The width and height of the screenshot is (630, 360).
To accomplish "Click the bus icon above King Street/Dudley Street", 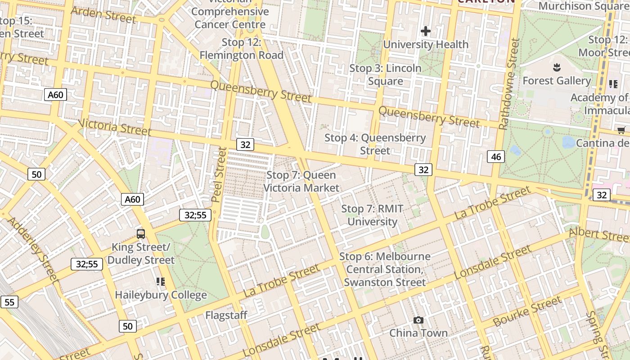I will pos(141,234).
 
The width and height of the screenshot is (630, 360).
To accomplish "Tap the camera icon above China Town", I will pos(418,320).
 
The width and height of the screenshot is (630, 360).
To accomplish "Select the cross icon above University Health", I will pos(426,31).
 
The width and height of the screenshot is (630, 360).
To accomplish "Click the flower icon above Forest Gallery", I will pos(557,67).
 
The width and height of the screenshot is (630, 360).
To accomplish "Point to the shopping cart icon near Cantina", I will pos(621,130).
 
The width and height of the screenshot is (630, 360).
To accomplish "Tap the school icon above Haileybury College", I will pos(161,282).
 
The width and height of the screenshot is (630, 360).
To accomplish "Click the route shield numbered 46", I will pos(496,157).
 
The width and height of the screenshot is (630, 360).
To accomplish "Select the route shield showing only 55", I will pos(9,302).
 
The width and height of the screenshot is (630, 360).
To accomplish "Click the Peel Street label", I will pos(220,174).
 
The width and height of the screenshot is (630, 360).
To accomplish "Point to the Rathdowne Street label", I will pos(509,84).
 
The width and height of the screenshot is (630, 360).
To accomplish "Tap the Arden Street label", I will pos(103,15).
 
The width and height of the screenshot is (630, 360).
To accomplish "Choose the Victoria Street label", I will pos(115,127).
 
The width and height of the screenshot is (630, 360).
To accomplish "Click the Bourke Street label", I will pos(527,311).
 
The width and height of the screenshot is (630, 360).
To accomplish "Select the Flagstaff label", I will pos(226,315).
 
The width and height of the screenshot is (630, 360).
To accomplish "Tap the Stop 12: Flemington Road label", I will pos(241,49).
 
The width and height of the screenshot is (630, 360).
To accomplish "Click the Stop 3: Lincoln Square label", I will pos(386,75).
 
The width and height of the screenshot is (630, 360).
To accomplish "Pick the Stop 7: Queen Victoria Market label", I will pos(301,181).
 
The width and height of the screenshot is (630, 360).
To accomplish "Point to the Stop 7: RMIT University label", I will pos(372,215).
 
